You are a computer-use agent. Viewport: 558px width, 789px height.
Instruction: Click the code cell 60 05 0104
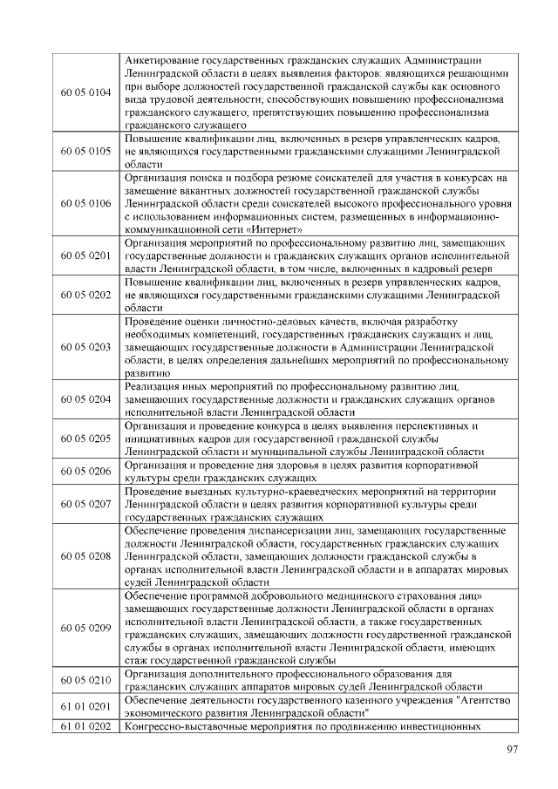tap(85, 92)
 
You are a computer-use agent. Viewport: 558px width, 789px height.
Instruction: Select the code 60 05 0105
tap(85, 151)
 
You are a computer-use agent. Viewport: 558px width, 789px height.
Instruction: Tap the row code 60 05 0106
tap(85, 203)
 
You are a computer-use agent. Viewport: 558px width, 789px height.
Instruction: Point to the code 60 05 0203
tap(85, 347)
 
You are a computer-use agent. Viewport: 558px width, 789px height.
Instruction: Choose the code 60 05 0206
tap(85, 471)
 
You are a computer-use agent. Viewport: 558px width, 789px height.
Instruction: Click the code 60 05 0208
tap(85, 555)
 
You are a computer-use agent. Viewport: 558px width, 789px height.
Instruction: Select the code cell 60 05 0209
tap(85, 628)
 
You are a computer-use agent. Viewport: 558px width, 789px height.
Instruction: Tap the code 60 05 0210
tap(85, 680)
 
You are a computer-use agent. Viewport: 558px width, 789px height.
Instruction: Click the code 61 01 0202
tap(85, 726)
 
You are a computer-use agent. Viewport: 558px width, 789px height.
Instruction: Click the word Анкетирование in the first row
tap(165, 59)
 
